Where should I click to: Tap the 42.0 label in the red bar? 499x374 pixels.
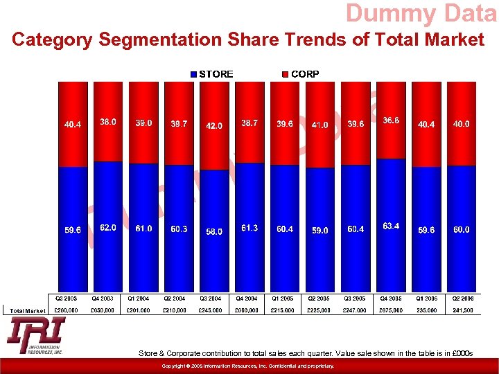coord(214,126)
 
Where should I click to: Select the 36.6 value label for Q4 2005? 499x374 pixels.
coord(392,121)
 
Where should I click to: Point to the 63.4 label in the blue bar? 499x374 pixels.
coord(392,226)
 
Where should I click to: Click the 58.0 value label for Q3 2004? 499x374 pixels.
coord(214,231)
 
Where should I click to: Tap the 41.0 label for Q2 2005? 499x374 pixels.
coord(320,125)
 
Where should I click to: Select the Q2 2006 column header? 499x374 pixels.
coord(462,299)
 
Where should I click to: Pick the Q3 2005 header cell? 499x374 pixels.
coord(356,299)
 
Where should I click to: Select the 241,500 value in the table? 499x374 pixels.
coord(462,310)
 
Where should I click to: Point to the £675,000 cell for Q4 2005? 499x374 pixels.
coord(391,310)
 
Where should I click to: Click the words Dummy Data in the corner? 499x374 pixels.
coord(421,14)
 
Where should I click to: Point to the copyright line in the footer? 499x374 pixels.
coord(248,366)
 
